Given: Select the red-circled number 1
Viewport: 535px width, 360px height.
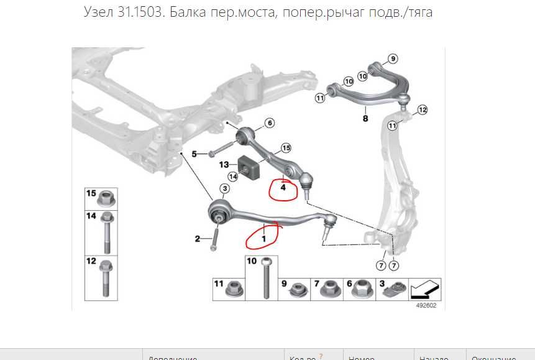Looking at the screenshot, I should click(x=263, y=238).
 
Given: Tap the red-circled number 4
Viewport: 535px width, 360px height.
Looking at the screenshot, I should click(x=283, y=188).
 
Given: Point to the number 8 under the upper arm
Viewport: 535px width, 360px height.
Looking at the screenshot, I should click(x=365, y=118).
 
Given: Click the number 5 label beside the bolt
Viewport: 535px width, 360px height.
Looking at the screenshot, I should click(x=194, y=154).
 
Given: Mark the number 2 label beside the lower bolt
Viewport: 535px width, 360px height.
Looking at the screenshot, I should click(x=198, y=239).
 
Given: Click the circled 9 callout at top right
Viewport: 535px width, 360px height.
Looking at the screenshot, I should click(x=391, y=59).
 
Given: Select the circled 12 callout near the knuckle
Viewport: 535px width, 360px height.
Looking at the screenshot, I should click(x=423, y=110).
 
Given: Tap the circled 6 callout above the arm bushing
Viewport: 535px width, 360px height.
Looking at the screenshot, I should click(x=269, y=123).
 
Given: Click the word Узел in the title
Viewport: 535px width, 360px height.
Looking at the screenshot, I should click(x=99, y=12).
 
